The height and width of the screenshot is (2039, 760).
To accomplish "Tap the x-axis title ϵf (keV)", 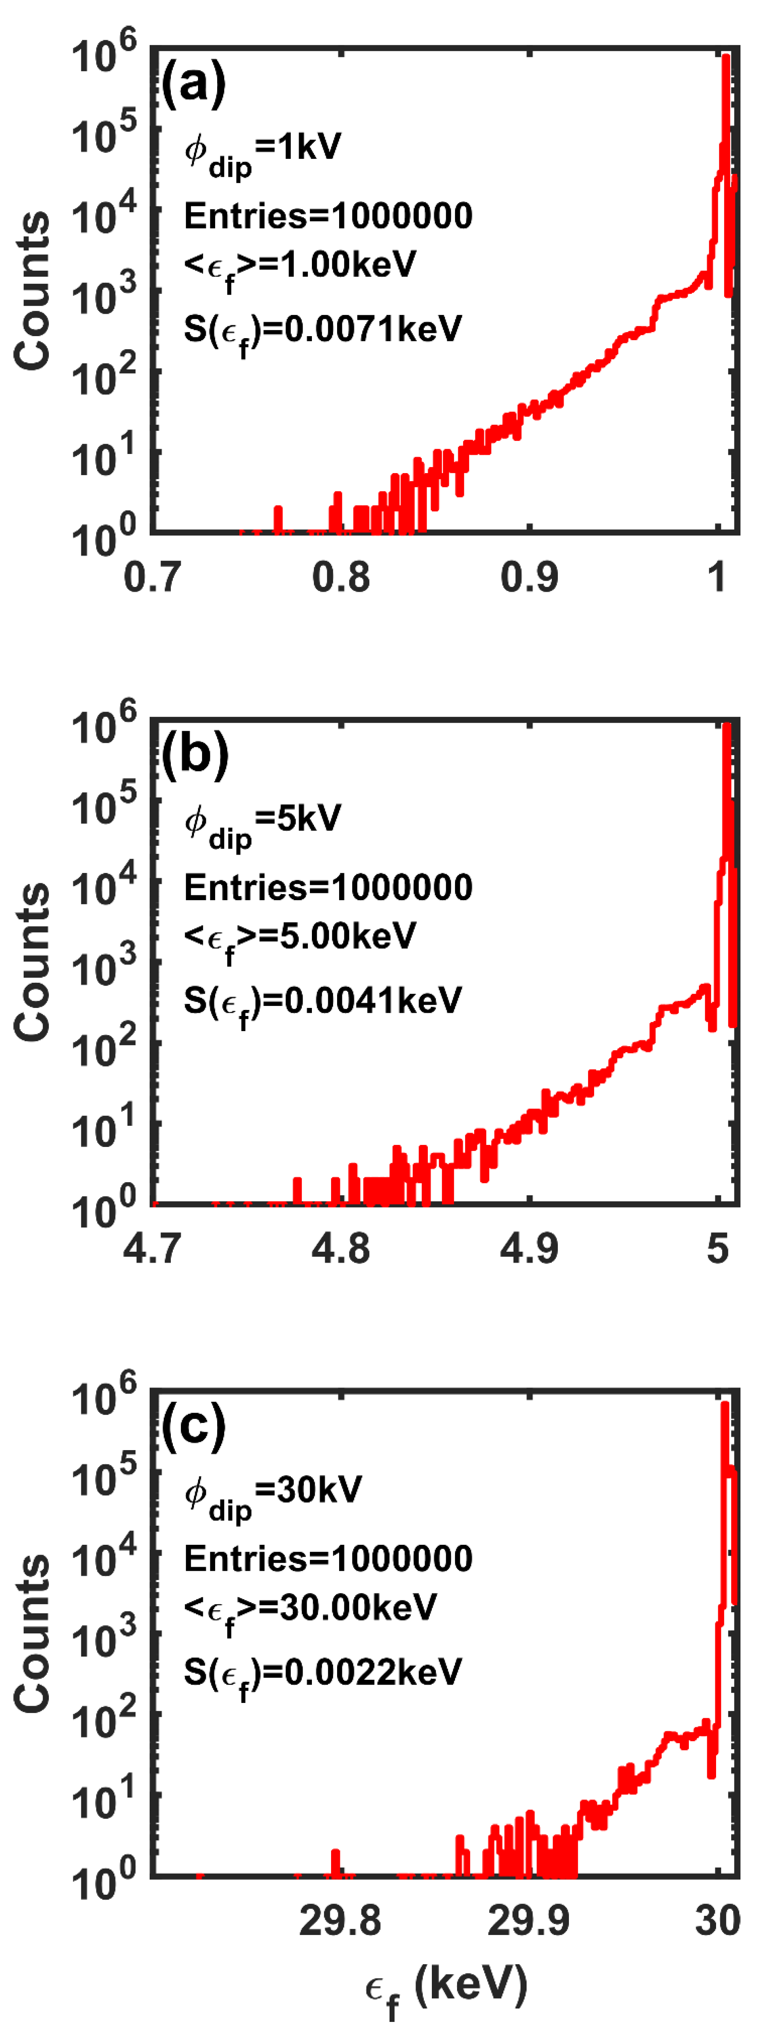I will (x=446, y=1987).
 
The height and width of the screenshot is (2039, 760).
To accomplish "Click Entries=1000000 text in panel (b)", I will (x=328, y=887).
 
